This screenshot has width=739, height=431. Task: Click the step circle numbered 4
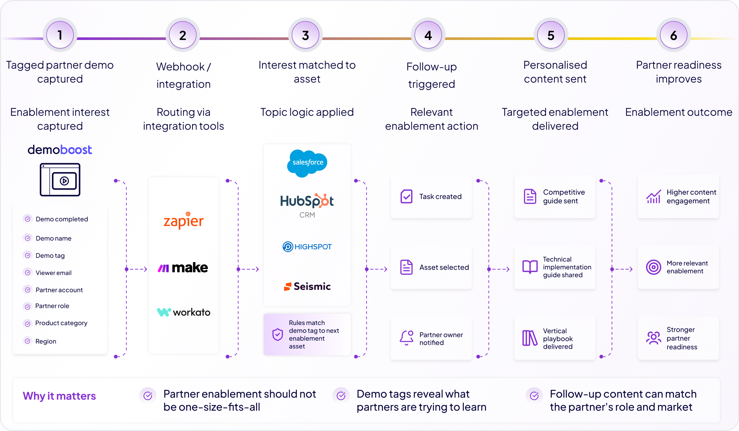coord(428,35)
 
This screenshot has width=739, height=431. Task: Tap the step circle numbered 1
coord(60,35)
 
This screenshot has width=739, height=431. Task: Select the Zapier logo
coord(184,220)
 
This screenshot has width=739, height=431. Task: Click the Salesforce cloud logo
coord(307,163)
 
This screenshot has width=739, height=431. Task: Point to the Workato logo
coord(184,312)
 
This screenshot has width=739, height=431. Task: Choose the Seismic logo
coord(307,286)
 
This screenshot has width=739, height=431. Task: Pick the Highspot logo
coord(307,246)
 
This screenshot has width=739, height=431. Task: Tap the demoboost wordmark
coord(60,150)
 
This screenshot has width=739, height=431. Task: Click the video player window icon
coord(60,180)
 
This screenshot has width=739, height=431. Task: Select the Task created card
coord(431,196)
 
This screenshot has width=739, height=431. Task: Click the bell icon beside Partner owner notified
coord(406,338)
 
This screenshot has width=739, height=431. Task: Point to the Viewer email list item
coord(53,273)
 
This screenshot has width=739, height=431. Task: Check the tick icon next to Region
coord(28,341)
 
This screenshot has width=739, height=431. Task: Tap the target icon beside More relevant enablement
coord(653,267)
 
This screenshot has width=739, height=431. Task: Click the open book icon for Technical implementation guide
coord(530,267)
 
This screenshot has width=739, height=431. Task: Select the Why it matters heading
coord(59,396)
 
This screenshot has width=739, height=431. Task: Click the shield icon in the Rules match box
coord(277,334)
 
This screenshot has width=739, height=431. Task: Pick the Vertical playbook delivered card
coord(554,338)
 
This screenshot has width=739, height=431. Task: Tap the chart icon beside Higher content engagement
coord(653,196)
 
